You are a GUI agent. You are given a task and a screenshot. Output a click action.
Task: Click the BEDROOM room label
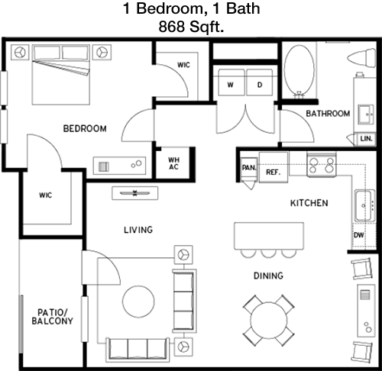tap(85, 128)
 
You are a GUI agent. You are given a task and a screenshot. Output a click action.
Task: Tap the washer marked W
tap(231, 82)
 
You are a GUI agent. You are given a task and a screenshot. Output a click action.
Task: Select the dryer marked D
tap(260, 82)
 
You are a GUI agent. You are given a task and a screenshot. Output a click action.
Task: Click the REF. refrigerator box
tap(274, 167)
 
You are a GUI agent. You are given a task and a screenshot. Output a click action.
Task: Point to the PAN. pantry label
tap(249, 168)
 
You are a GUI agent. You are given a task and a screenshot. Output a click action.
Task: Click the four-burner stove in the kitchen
tap(322, 164)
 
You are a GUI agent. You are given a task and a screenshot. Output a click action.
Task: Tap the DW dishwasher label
tap(359, 235)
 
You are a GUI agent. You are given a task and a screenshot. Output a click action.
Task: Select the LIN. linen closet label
tap(367, 139)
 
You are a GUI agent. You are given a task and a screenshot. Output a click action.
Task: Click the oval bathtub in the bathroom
tap(299, 71)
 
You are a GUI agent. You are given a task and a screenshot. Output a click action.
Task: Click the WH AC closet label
tap(174, 163)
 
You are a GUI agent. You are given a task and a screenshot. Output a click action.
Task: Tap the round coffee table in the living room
tap(138, 302)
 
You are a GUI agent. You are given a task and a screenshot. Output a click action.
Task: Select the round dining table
tap(269, 321)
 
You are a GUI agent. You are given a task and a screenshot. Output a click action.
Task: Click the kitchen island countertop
tap(269, 236)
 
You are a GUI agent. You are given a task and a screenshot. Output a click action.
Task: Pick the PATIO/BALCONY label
tap(52, 317)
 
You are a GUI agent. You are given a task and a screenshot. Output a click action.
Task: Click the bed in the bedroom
tap(61, 75)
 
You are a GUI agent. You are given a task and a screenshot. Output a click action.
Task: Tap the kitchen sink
tap(365, 205)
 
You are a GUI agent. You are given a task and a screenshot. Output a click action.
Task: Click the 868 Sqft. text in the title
tap(191, 27)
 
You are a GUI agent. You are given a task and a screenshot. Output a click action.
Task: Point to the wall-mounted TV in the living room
tap(135, 193)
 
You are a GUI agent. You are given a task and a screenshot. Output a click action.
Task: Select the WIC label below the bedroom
tap(46, 195)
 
